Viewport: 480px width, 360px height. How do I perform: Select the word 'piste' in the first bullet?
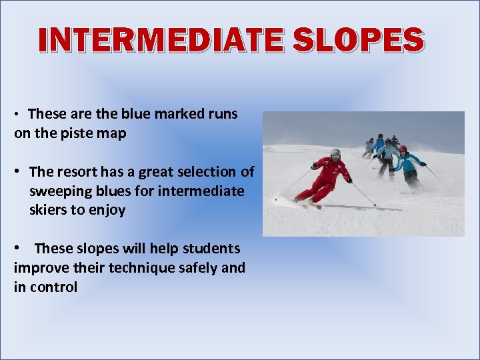(80, 133)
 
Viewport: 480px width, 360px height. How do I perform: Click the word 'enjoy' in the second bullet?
(107, 211)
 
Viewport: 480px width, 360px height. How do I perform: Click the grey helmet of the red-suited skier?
(335, 153)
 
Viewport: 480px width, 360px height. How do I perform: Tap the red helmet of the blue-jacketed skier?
(402, 149)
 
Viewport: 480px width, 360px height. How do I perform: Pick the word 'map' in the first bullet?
(113, 133)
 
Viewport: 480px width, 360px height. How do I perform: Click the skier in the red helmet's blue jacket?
(407, 161)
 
